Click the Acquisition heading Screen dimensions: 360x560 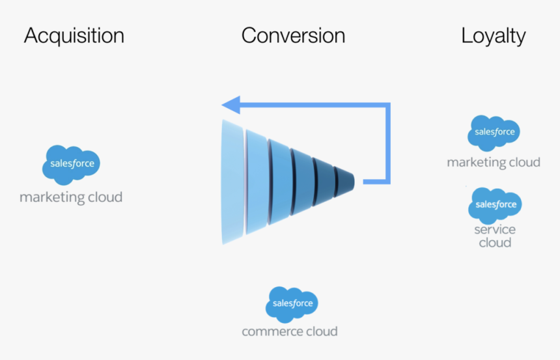coord(74,36)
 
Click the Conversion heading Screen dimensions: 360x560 coord(293,36)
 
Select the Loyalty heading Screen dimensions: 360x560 coord(493,36)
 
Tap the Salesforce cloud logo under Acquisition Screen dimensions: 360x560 coord(71,163)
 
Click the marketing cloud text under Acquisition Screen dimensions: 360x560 coord(71,197)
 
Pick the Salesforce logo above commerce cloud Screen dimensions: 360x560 coord(292,303)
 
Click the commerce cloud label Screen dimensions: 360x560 coord(290,331)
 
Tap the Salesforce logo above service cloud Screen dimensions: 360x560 coord(495,204)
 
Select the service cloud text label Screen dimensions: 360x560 coord(495,236)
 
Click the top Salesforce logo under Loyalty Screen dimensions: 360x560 coord(494,132)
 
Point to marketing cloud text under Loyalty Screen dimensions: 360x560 coord(493,162)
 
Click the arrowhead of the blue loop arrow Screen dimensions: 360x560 coord(230,105)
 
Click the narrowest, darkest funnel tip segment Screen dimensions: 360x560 coord(344,180)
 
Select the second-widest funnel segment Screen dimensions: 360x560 coord(257,180)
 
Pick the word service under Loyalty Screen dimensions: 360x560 coord(495,229)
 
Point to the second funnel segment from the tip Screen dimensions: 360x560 coord(324,180)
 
